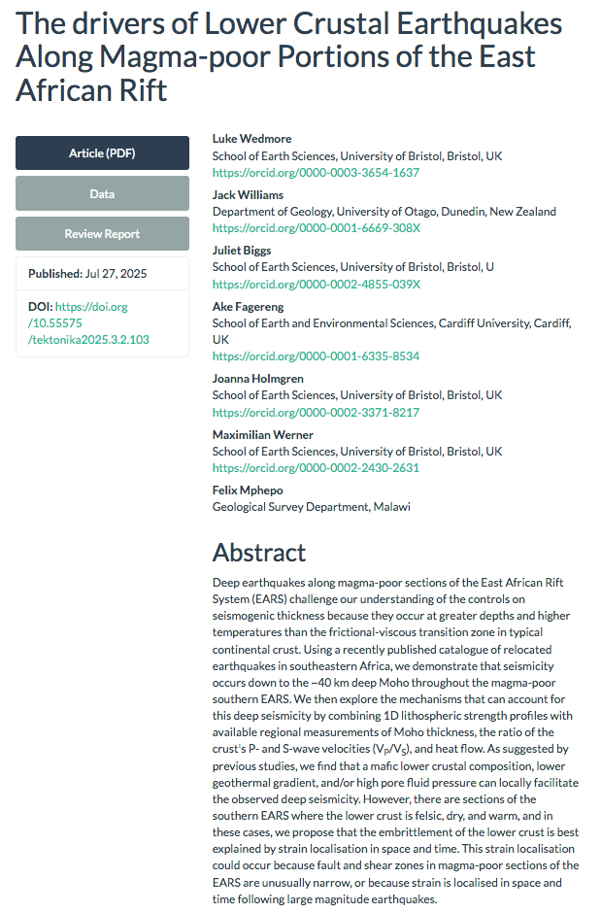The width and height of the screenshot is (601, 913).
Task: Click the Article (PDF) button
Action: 102,153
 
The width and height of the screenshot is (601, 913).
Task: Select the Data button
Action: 102,194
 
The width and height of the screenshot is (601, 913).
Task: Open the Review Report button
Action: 102,234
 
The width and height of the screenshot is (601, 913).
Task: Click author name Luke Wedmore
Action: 251,139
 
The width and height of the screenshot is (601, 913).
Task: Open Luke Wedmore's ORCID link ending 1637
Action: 316,173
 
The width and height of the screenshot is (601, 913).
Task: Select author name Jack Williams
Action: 248,195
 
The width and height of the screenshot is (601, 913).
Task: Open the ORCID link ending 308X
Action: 317,228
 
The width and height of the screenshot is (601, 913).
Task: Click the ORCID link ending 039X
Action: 317,285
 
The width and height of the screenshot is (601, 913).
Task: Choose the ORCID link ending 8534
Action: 316,356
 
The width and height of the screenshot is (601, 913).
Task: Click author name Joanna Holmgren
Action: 257,379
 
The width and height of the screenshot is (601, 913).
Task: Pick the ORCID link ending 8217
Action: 316,413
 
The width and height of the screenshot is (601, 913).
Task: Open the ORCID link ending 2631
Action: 316,468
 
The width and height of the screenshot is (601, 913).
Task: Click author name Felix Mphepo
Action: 248,490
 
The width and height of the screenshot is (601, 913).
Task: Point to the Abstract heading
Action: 259,553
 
